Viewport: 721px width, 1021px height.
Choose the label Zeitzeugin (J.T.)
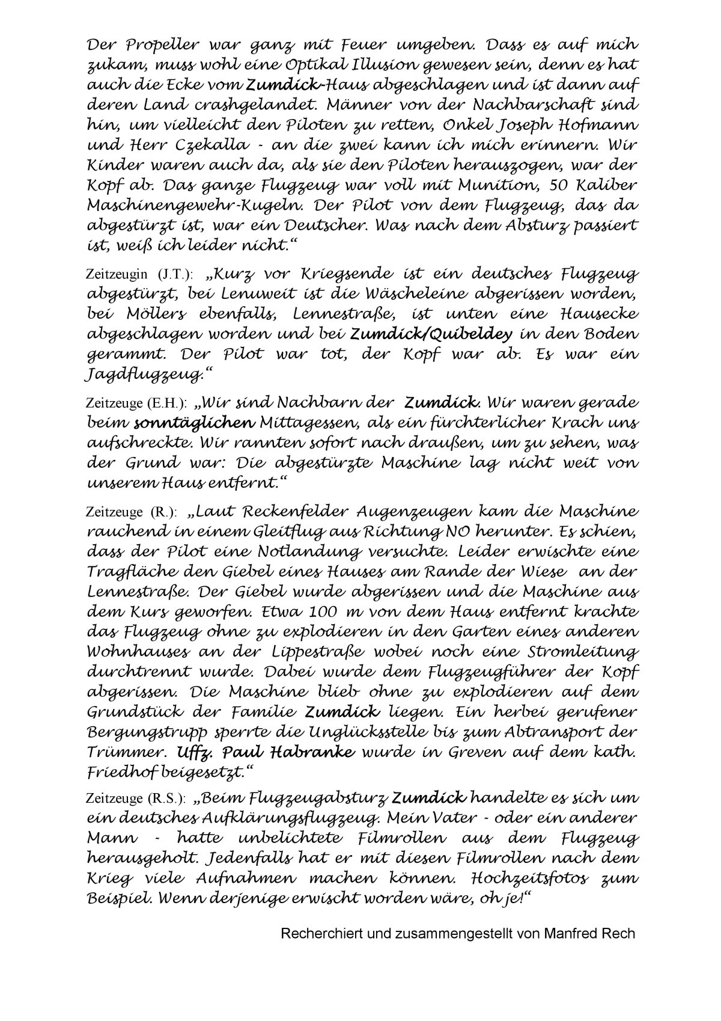pos(140,275)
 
